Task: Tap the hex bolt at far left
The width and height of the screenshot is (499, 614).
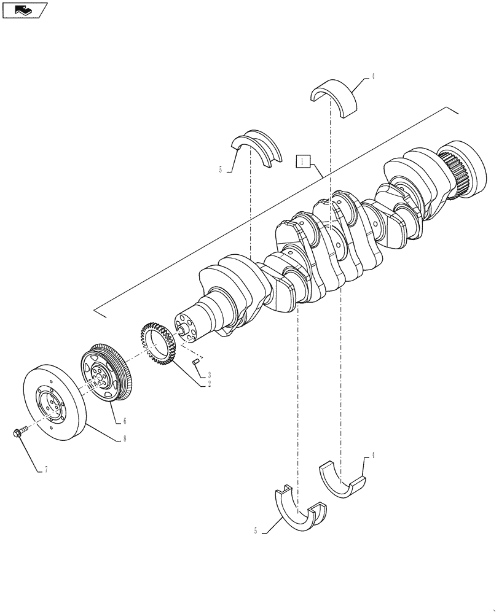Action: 19,433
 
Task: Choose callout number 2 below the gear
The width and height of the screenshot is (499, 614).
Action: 209,384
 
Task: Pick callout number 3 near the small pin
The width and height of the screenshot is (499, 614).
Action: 209,375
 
